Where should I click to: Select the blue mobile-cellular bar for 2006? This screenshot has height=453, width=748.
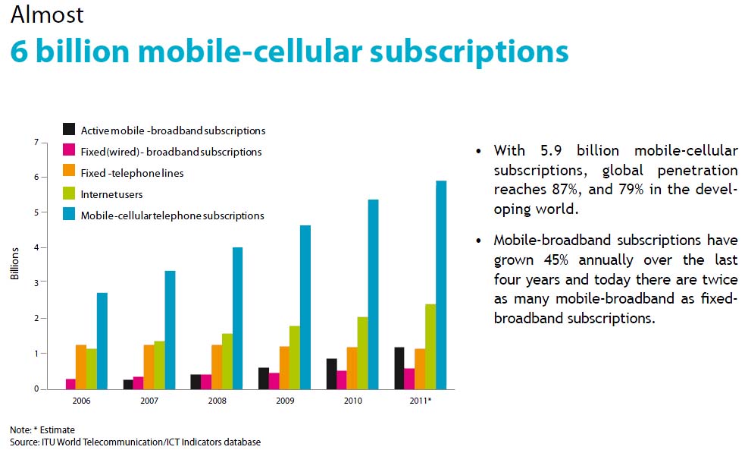point(102,341)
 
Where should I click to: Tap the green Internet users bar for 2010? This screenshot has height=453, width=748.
point(361,353)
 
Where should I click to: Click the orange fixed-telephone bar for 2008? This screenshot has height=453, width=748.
point(218,366)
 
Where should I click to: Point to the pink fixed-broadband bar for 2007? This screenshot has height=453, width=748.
point(138,382)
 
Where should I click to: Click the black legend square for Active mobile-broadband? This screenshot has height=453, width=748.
point(69,130)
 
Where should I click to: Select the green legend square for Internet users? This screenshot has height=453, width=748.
point(69,193)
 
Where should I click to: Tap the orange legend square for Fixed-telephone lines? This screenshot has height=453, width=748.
point(69,172)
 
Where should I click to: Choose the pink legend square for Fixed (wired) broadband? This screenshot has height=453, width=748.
point(69,151)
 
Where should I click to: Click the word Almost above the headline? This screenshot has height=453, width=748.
point(47,14)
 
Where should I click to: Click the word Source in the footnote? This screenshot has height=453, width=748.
point(23,442)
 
